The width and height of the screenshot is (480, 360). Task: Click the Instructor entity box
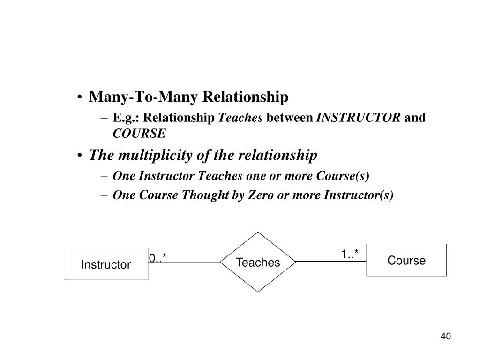pyautogui.click(x=106, y=264)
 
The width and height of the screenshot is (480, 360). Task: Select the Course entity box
pyautogui.click(x=406, y=260)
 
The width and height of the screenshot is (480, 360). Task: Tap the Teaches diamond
pyautogui.click(x=258, y=262)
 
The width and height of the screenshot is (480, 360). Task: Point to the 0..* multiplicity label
pyautogui.click(x=158, y=258)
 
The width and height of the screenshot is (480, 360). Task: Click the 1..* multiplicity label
pyautogui.click(x=350, y=255)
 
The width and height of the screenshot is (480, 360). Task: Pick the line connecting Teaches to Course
pyautogui.click(x=331, y=262)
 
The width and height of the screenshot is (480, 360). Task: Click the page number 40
pyautogui.click(x=445, y=336)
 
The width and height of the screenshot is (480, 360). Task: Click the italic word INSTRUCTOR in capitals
pyautogui.click(x=359, y=118)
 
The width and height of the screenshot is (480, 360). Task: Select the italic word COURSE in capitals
pyautogui.click(x=139, y=134)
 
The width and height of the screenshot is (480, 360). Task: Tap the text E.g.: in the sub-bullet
pyautogui.click(x=127, y=118)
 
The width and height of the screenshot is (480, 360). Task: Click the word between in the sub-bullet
pyautogui.click(x=290, y=118)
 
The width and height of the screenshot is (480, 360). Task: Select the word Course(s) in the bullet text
pyautogui.click(x=343, y=176)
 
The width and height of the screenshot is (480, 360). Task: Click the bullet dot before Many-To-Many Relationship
pyautogui.click(x=82, y=98)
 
